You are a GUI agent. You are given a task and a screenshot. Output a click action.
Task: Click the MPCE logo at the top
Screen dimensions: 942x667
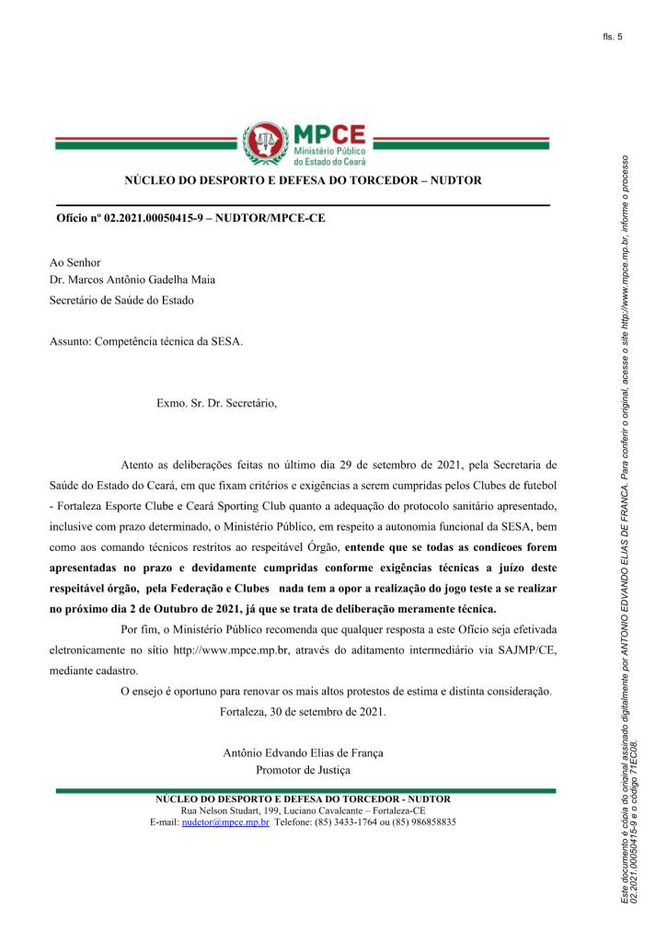(x=304, y=143)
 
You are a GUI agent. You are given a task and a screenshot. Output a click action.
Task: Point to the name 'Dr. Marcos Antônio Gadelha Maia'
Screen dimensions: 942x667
(x=132, y=281)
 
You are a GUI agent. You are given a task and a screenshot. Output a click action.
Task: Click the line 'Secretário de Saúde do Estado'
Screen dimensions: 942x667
(x=121, y=299)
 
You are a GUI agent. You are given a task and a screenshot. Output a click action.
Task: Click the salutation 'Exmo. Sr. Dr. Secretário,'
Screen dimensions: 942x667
(x=216, y=403)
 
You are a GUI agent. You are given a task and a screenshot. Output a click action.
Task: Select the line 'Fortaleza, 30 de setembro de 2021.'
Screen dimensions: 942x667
(x=304, y=712)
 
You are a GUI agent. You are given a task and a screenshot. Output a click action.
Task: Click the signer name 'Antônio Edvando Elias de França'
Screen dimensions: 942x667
(x=304, y=752)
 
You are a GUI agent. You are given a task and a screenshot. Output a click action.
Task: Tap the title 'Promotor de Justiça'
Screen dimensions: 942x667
(x=304, y=770)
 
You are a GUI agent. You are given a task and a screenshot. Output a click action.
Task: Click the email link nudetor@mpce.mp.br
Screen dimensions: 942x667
(x=225, y=821)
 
